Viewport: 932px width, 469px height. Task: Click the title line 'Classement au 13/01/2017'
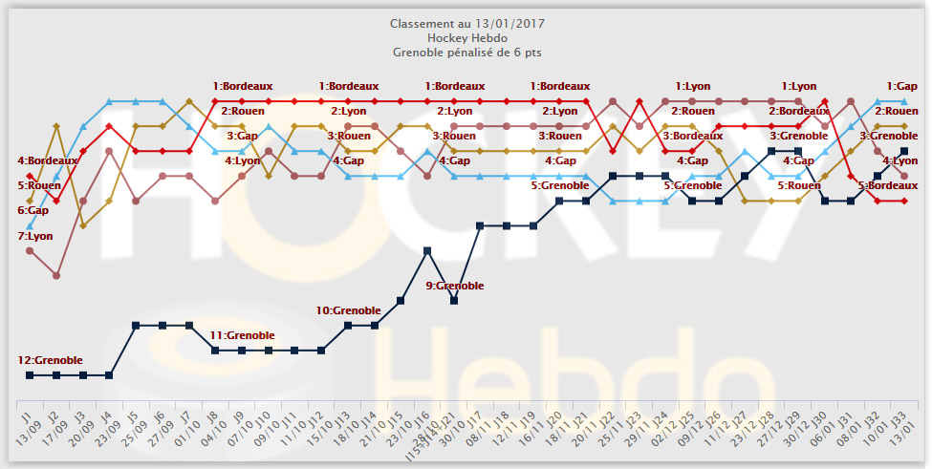tap(465, 22)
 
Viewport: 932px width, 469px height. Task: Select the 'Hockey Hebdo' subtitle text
tap(465, 37)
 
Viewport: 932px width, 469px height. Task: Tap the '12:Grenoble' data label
tap(51, 360)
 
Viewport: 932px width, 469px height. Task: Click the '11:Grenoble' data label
tap(243, 335)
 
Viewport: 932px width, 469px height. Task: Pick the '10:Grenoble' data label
tap(349, 310)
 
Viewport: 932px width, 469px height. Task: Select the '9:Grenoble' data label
tap(455, 286)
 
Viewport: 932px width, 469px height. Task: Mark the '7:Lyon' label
tap(35, 235)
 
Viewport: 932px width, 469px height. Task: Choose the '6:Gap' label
tap(33, 210)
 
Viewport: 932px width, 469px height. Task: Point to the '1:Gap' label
tap(902, 86)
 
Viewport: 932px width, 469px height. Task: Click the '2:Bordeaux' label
tap(799, 111)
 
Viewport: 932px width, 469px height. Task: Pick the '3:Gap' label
tap(242, 136)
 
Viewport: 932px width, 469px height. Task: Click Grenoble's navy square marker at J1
tap(30, 375)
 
